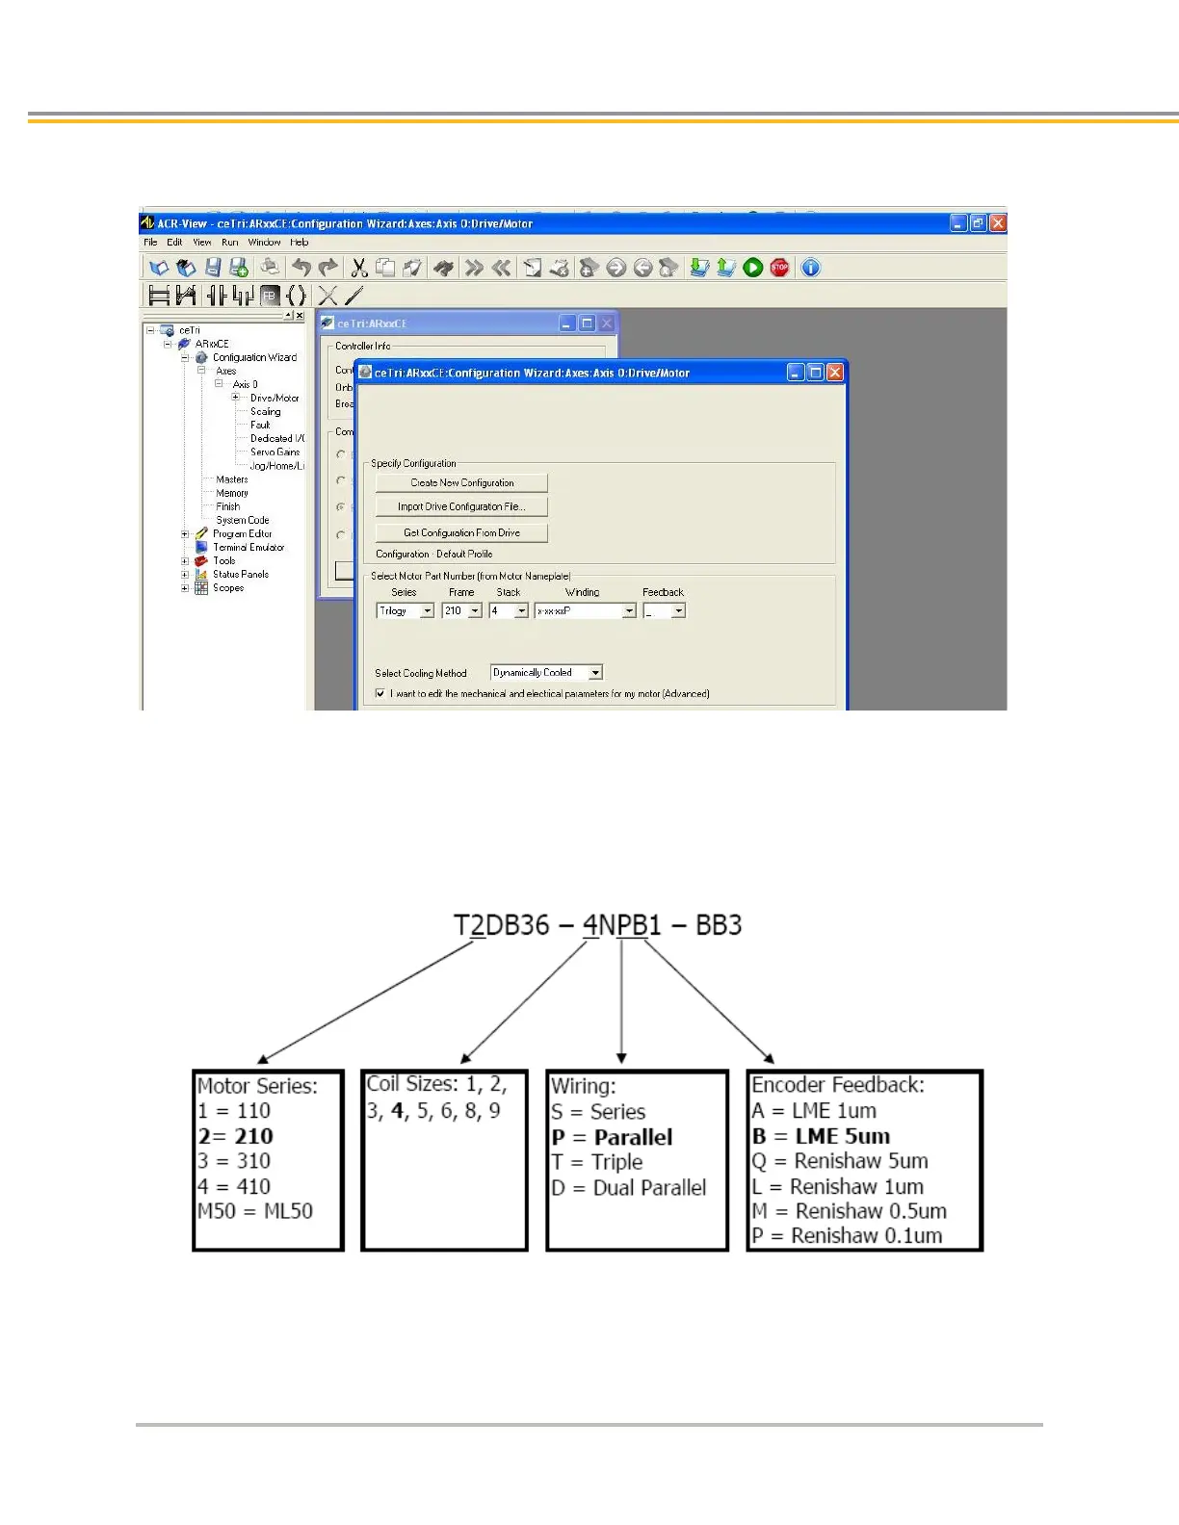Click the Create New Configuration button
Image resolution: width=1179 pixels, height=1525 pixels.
click(461, 482)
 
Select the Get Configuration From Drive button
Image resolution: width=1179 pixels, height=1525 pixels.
click(461, 532)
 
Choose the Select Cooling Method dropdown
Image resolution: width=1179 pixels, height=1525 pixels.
click(546, 673)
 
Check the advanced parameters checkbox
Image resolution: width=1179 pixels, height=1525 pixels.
click(380, 693)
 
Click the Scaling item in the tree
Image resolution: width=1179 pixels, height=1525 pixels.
click(266, 411)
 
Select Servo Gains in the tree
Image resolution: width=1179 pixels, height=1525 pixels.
click(275, 452)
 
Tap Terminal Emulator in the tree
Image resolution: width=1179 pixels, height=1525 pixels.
click(249, 547)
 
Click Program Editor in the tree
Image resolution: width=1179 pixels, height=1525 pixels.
click(242, 533)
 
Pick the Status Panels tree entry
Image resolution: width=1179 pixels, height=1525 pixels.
click(241, 574)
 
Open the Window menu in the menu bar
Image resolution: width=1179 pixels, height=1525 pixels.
click(264, 243)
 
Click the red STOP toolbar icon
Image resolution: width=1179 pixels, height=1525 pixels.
click(780, 268)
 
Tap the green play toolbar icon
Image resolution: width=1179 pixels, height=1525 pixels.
click(753, 268)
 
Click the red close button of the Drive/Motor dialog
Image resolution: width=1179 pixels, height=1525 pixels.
click(835, 373)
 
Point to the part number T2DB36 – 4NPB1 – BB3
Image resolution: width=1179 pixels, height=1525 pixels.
click(597, 925)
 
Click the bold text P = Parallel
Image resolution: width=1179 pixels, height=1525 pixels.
click(613, 1137)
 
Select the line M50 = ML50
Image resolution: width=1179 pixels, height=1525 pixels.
click(255, 1211)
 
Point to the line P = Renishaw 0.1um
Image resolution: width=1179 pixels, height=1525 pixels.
click(848, 1236)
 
